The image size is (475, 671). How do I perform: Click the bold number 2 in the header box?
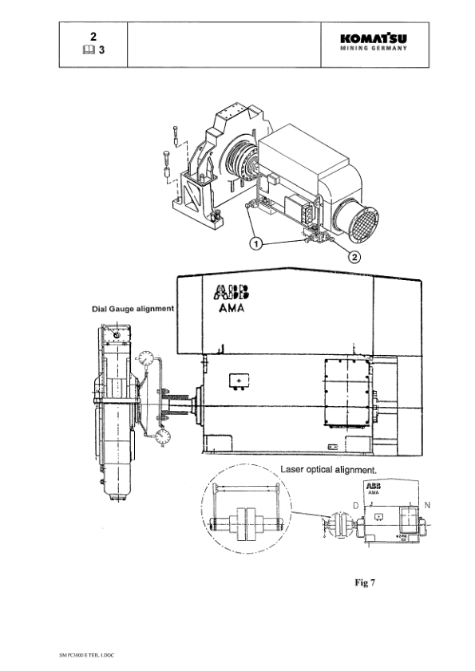click(93, 37)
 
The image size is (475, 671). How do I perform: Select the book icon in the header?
click(86, 49)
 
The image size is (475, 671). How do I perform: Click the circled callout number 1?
click(255, 243)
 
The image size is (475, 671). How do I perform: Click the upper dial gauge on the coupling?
click(145, 359)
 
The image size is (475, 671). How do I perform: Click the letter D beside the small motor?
click(355, 506)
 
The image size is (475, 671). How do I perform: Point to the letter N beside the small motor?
click(427, 506)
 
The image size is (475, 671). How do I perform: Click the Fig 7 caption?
click(365, 583)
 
